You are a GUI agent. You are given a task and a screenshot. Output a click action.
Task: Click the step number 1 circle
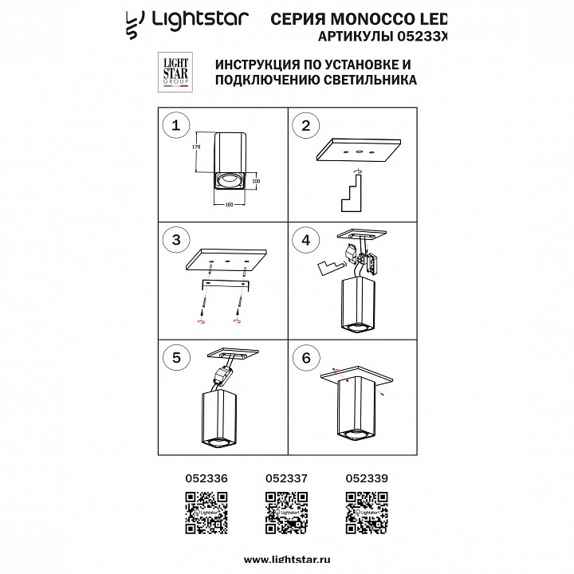[177, 125]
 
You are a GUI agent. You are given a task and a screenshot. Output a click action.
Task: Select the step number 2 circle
[305, 125]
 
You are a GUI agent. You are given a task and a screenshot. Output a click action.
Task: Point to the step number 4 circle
[305, 240]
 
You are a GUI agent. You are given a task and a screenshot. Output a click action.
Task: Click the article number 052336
[206, 479]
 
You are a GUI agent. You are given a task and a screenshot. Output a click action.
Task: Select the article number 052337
[286, 479]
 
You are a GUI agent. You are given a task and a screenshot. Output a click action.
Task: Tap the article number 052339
[367, 479]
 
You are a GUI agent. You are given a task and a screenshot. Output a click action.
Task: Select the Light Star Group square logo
[175, 77]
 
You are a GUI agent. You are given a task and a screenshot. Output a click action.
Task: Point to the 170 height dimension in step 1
[195, 148]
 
